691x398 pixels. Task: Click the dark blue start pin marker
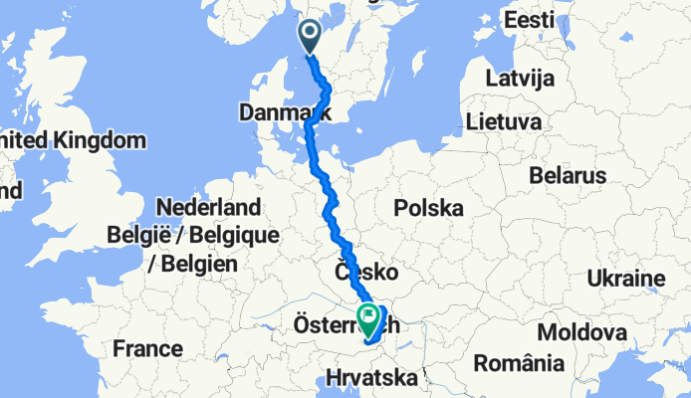pos(309,36)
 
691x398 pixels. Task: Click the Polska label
pos(429,209)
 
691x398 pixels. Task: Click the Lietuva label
pos(503,121)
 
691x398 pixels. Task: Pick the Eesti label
pos(529,20)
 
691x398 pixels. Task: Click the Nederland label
pos(209,208)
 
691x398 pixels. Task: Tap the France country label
pos(147,349)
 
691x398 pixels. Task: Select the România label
pos(519,364)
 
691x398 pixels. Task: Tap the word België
pos(137,237)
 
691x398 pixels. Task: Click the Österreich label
pos(343,324)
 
